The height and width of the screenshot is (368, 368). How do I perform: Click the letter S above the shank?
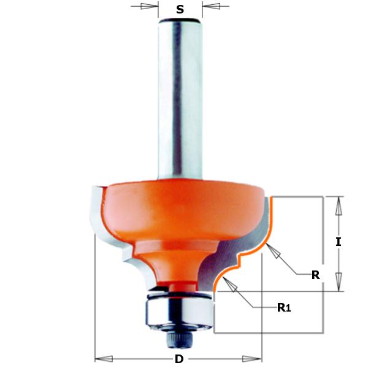180,9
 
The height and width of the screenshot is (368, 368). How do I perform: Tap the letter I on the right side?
338,242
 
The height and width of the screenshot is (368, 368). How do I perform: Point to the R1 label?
283,308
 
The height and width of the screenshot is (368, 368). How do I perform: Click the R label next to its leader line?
316,275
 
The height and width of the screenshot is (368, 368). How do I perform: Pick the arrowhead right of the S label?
212,7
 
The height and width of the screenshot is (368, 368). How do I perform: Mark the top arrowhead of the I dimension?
337,206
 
